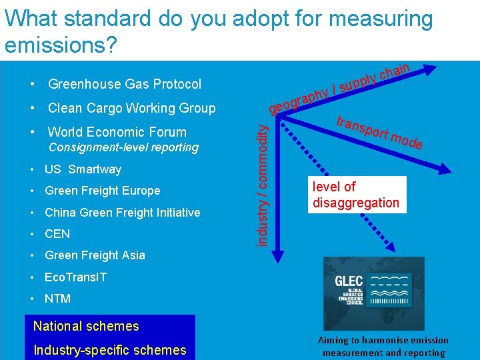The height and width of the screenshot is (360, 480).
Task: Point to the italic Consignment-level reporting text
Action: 123,147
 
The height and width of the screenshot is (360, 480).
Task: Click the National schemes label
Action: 86,326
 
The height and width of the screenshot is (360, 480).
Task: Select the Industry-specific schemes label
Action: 110,350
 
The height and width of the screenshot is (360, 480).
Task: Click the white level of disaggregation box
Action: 356,195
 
